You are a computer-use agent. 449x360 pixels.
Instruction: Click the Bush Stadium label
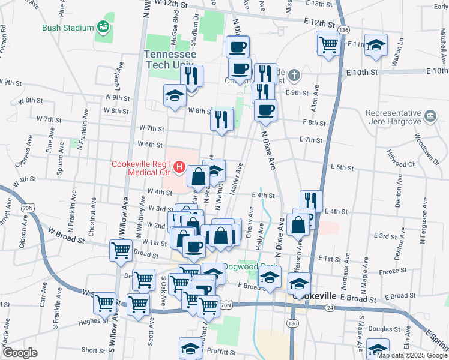(x=68, y=28)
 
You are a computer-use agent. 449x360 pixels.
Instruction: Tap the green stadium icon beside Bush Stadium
(x=103, y=26)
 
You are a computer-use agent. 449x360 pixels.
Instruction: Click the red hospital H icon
(x=179, y=167)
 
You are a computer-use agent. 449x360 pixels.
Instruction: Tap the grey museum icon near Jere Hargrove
(x=430, y=115)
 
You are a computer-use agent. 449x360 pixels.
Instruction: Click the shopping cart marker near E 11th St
(x=328, y=43)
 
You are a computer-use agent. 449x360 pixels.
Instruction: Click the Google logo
(x=19, y=353)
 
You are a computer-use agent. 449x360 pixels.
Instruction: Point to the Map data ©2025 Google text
(x=412, y=355)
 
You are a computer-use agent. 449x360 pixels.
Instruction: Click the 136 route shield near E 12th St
(x=343, y=29)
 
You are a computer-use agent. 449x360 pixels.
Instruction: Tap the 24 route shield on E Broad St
(x=330, y=308)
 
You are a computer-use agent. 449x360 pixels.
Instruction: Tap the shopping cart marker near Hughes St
(x=106, y=302)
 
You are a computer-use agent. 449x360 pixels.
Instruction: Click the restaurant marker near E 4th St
(x=311, y=201)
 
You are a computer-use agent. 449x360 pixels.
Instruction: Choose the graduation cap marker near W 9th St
(x=175, y=95)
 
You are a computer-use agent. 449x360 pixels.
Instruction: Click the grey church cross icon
(x=294, y=76)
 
